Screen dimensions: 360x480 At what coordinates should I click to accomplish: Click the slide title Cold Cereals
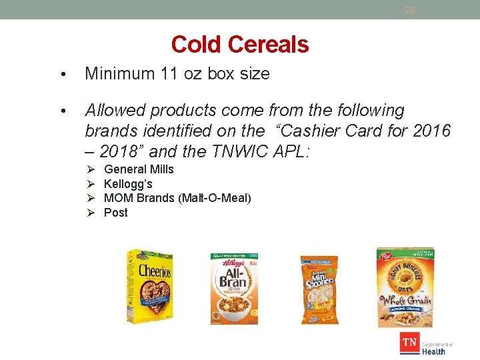239,45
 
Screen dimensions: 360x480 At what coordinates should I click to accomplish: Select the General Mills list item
139,169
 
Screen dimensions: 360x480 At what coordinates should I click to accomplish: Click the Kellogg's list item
128,184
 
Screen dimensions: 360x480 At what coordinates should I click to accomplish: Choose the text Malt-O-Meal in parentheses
214,198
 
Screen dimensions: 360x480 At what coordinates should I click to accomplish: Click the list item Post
116,213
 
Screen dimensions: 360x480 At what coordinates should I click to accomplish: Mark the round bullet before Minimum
62,75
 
